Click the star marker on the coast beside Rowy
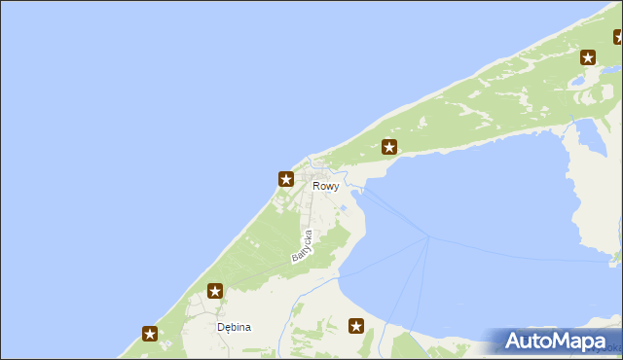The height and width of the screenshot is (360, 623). coord(285,179)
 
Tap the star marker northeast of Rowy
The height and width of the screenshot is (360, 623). coord(389,148)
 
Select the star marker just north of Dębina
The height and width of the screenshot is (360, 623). coord(215,290)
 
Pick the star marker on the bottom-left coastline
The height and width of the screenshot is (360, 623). coord(150,334)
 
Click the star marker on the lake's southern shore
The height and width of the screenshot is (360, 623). coord(356,326)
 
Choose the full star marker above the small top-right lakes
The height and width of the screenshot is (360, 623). coord(589,57)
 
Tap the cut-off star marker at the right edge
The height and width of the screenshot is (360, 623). coord(619,38)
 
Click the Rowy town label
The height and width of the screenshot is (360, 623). coord(326,186)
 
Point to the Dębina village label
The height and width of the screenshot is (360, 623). coord(234,328)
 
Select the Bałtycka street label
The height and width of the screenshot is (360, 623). coord(302,246)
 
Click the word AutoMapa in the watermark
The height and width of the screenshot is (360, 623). coord(564,342)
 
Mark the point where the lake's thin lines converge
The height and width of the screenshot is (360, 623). coord(427,236)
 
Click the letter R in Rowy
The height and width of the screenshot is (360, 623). coord(317,186)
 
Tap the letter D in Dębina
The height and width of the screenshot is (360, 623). coord(221,328)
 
